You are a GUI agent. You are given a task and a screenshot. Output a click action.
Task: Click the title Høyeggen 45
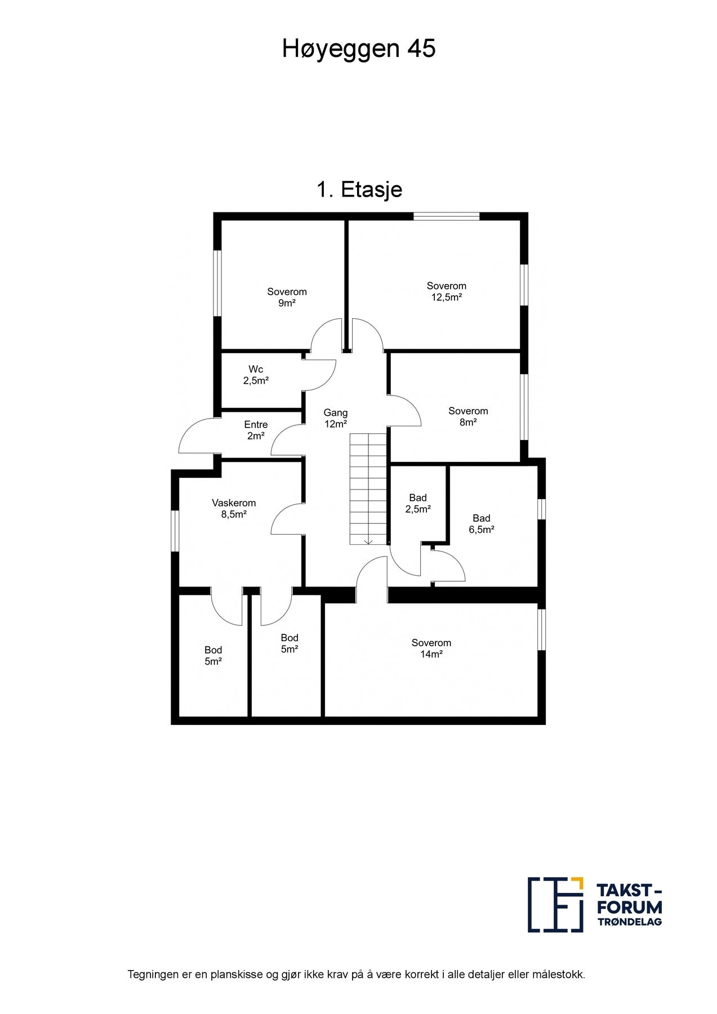tap(358, 50)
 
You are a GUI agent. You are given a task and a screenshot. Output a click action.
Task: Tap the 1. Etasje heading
tap(359, 189)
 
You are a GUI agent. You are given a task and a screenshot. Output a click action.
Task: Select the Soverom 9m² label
tap(287, 297)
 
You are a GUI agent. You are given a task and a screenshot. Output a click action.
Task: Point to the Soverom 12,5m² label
tap(446, 291)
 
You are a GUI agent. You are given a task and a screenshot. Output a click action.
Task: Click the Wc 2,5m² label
tap(255, 375)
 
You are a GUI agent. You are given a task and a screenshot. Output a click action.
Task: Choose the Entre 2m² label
tap(256, 430)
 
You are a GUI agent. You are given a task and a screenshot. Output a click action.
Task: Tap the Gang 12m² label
tap(335, 418)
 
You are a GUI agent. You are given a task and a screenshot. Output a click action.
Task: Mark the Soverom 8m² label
tap(468, 416)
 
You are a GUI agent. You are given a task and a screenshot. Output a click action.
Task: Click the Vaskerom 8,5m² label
tap(234, 508)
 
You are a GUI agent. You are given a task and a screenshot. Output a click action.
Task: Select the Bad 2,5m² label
tap(418, 503)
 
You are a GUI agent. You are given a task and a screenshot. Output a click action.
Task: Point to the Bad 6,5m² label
tap(481, 523)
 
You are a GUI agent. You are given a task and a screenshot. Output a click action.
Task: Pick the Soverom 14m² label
tap(431, 648)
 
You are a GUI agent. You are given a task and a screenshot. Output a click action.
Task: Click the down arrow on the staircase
tap(368, 541)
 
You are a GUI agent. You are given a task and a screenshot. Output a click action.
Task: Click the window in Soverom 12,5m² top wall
tap(446, 216)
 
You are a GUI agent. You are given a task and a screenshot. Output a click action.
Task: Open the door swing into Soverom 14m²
tap(372, 575)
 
